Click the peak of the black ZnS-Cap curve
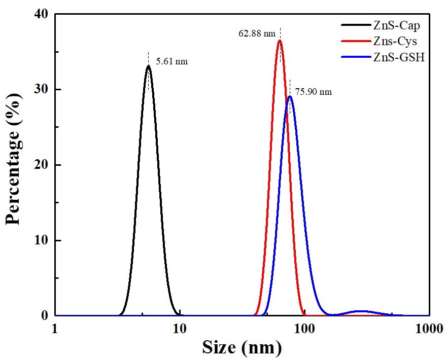click(x=148, y=66)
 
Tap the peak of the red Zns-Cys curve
click(x=280, y=41)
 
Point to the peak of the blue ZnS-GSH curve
click(x=290, y=96)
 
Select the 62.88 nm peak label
click(x=257, y=34)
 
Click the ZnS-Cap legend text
click(x=396, y=24)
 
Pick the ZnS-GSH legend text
click(x=398, y=57)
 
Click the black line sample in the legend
click(x=355, y=24)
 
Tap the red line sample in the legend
click(x=355, y=41)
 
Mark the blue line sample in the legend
click(x=355, y=57)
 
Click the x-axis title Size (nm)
click(x=242, y=348)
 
